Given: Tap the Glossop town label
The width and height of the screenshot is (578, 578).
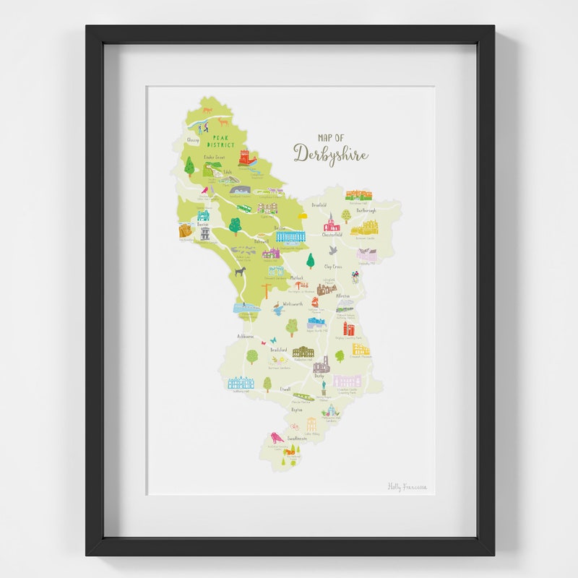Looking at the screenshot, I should point(192,140).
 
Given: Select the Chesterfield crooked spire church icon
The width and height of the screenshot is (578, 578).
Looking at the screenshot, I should point(332,221).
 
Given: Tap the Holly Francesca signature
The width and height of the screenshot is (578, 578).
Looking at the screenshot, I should point(407,487).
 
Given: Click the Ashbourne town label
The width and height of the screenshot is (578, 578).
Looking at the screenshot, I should point(246,337).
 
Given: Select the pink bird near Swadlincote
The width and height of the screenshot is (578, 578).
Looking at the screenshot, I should point(275,437).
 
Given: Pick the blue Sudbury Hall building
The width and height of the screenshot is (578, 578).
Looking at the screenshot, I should point(241,383).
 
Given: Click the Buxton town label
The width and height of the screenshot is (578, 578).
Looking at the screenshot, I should point(203,225).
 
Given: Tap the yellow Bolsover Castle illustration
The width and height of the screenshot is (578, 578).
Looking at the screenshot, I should point(365,228).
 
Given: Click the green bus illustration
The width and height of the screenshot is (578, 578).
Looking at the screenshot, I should point(244,209).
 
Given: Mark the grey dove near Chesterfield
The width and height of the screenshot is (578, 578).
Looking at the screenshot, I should point(333,250).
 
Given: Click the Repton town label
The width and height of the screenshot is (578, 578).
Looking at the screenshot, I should point(296,410).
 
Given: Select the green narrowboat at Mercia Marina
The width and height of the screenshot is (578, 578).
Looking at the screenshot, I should point(303,397).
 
